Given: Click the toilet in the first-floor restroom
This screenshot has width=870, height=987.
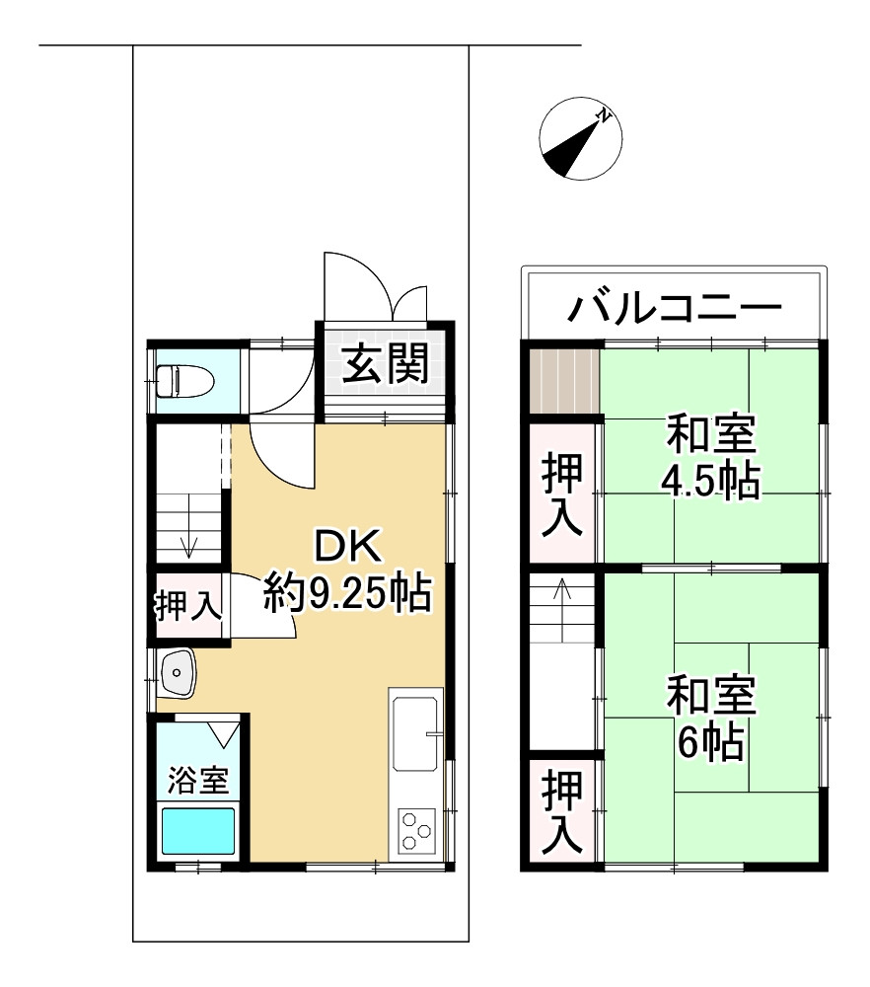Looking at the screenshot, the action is [185, 381].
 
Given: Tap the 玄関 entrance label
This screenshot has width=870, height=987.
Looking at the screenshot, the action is [386, 363].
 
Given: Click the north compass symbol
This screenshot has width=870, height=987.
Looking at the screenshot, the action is [581, 138].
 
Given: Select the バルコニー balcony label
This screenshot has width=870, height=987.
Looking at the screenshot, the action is [675, 308].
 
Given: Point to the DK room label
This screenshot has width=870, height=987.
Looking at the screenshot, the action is [348, 546].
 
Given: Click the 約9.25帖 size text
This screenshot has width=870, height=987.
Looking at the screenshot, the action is [348, 592].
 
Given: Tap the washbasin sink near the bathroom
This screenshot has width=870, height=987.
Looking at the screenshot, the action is [178, 673].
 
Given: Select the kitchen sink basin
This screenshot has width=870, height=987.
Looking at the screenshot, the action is [415, 733].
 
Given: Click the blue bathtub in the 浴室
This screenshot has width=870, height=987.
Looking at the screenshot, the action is [198, 831].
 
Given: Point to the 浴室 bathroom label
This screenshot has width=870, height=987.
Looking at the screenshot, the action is [197, 781].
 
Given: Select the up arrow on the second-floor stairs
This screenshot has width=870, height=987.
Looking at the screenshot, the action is [562, 596].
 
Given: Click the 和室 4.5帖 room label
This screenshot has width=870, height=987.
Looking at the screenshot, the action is [711, 458].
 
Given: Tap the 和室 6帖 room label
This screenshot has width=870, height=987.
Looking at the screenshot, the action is [711, 719].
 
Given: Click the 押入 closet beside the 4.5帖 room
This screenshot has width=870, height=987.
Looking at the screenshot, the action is [562, 493].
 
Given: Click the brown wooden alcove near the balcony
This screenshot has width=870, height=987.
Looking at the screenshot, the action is [563, 381].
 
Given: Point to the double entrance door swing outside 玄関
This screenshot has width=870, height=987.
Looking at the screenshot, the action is [376, 286].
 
